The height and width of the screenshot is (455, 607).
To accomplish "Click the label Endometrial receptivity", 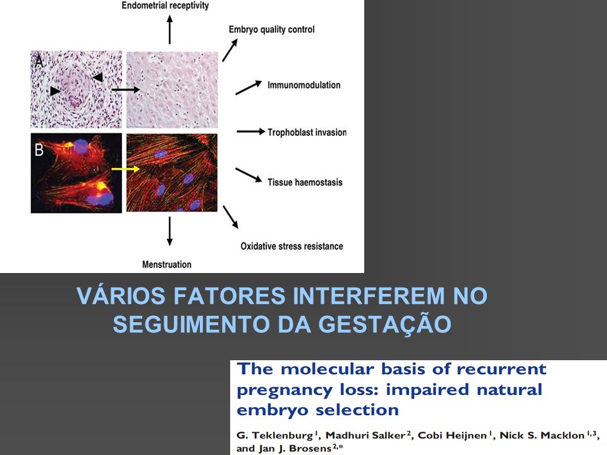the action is point(165,6).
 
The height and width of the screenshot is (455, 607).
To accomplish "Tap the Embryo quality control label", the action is point(271,30).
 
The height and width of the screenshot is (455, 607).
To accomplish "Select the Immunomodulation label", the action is point(304,85).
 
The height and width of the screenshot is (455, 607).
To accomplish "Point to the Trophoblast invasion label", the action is point(307,132).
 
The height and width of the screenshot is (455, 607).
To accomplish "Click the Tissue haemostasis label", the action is point(305,182).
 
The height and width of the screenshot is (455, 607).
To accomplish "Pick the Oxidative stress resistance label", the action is point(292,246).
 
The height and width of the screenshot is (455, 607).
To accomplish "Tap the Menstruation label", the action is point(167,265).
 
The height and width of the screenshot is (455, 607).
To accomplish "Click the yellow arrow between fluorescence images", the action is point(125,169).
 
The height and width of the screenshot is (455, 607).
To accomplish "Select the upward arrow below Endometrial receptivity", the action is point(169,30).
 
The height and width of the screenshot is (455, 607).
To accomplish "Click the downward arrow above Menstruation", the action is point(169,231).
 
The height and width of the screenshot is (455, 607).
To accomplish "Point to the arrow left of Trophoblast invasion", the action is point(251,132).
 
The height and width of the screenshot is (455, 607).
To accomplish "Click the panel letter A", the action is point(39,62).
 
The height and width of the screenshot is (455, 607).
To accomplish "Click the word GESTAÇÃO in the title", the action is point(385,324).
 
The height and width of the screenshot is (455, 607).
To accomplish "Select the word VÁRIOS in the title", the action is point(121,296).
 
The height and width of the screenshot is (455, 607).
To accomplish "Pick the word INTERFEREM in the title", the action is point(369,296).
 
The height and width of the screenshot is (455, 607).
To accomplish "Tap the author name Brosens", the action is point(310,449).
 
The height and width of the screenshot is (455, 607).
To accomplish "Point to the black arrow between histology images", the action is point(125,90).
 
